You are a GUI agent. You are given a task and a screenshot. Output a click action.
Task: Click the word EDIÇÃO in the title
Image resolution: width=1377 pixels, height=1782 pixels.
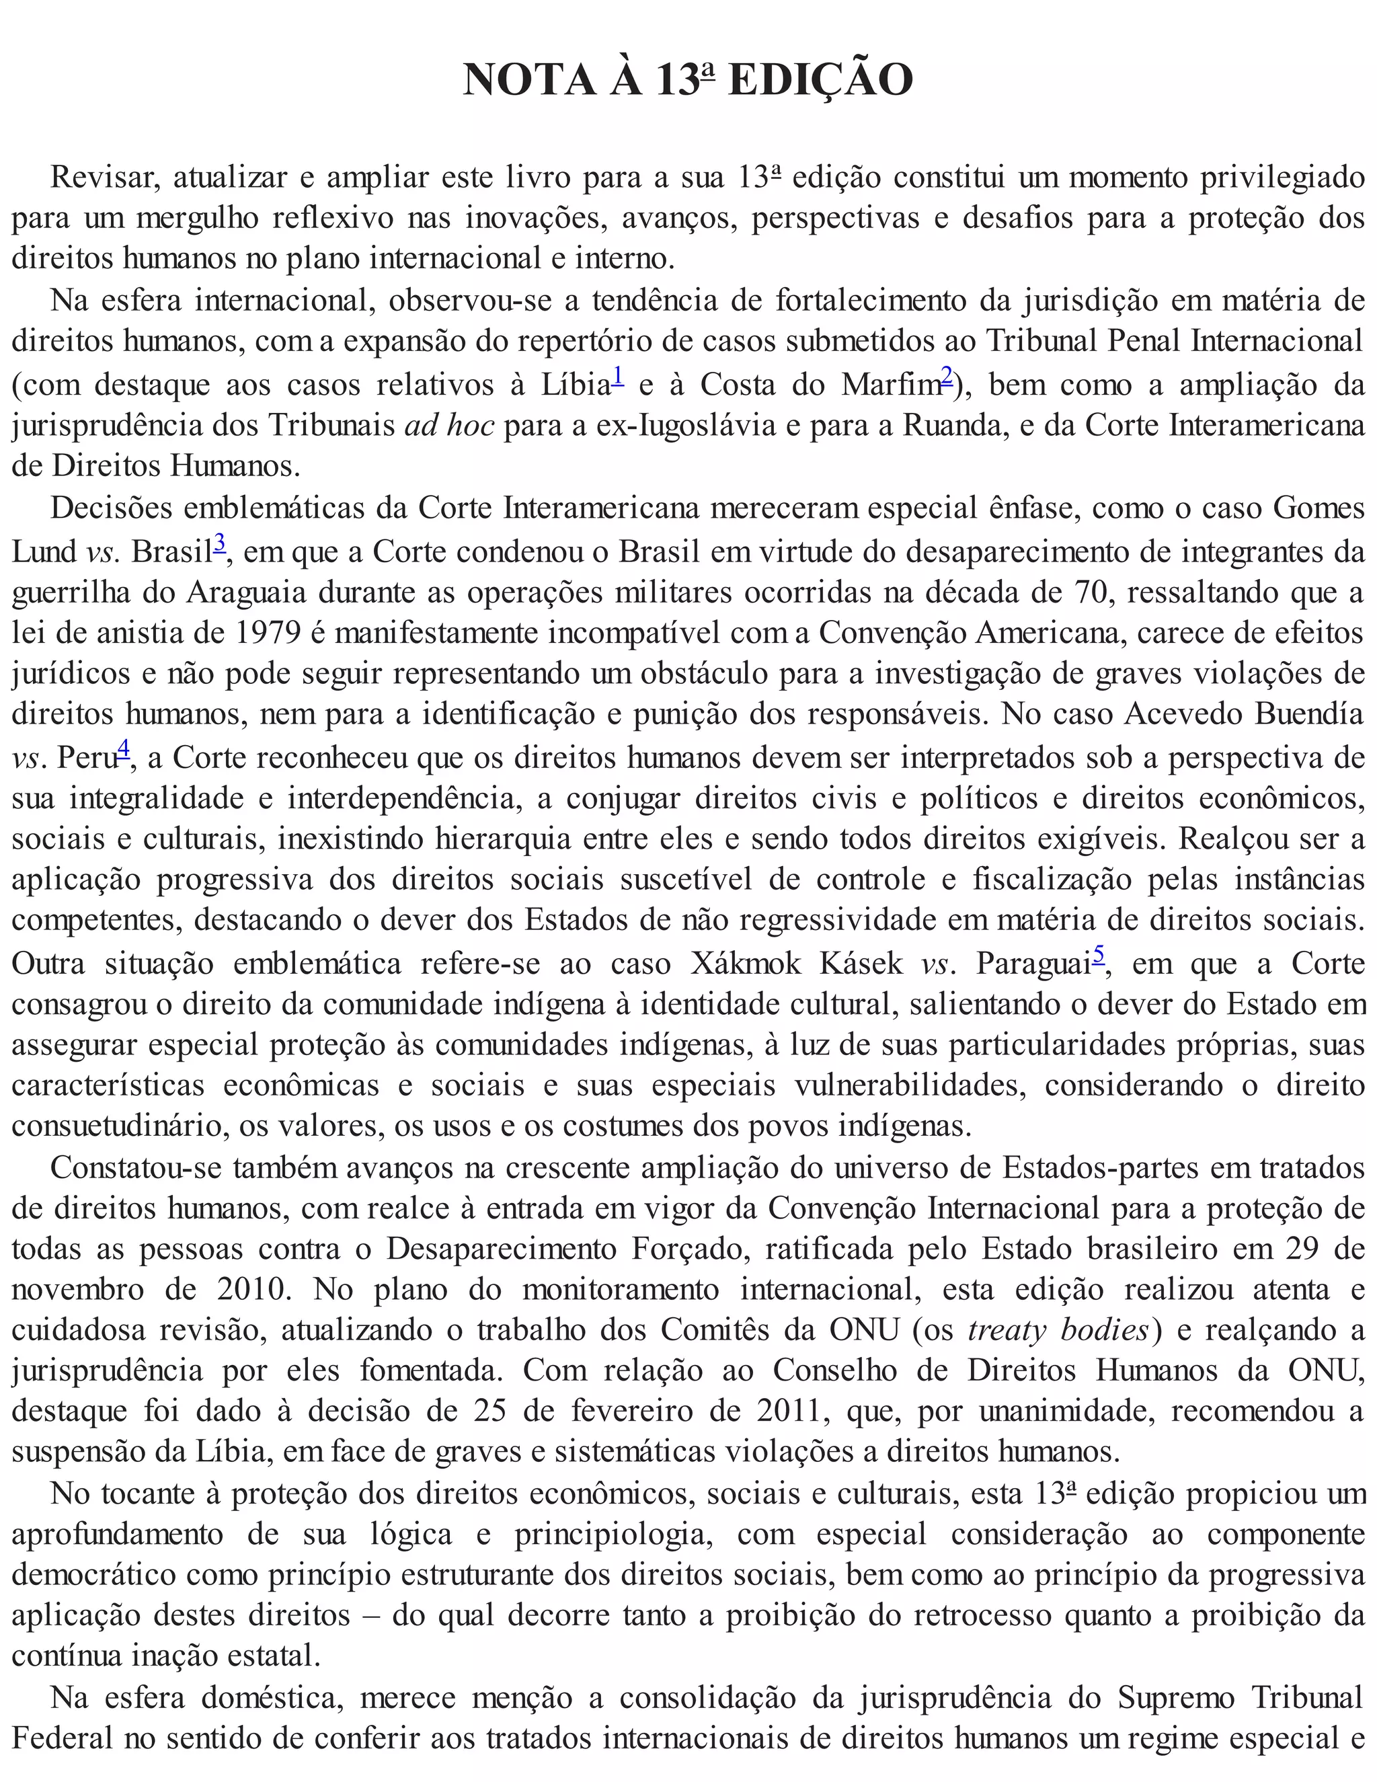(x=819, y=80)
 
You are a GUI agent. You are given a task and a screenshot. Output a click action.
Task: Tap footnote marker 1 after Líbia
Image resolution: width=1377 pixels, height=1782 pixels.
(x=617, y=375)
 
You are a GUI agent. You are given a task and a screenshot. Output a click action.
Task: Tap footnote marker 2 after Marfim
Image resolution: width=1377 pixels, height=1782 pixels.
(x=946, y=375)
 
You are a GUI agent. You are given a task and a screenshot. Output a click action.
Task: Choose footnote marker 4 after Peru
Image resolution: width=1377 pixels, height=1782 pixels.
(x=123, y=748)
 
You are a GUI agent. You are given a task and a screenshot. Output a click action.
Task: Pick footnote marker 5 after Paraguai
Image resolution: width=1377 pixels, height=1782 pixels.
(x=1099, y=954)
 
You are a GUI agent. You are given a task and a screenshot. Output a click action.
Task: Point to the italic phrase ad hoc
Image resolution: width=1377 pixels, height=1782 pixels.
(x=448, y=425)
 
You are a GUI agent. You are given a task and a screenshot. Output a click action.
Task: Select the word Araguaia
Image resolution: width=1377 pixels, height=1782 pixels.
(x=245, y=592)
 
